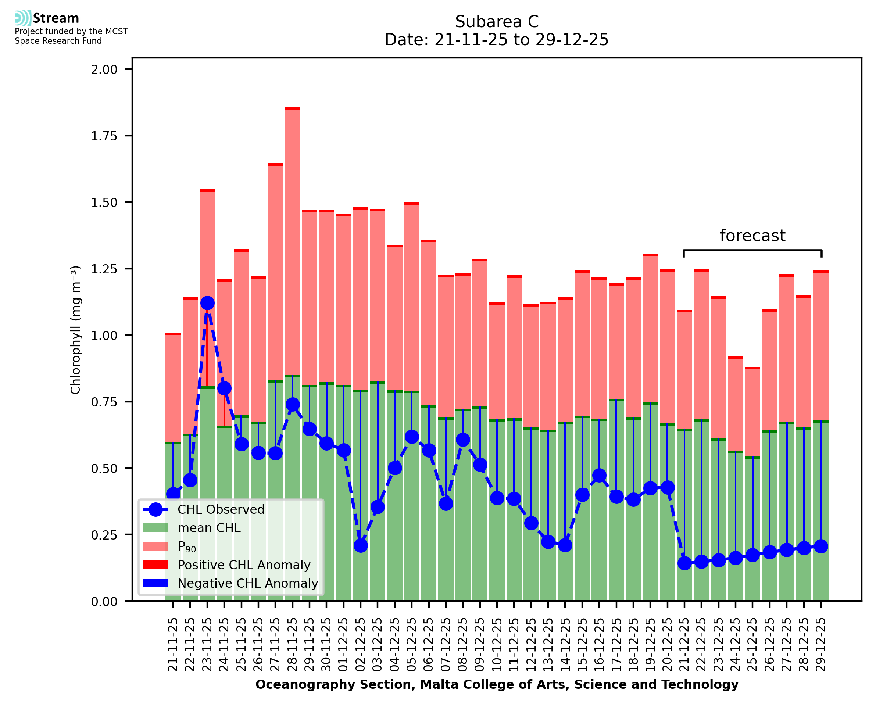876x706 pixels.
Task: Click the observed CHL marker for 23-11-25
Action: coord(207,303)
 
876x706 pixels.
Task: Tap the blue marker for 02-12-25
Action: coord(361,545)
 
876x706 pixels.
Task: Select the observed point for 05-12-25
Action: coord(412,437)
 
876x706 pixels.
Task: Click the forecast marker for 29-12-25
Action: coord(821,546)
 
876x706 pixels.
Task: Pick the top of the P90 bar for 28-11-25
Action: coord(292,108)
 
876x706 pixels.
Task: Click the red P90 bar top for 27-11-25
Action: coord(275,165)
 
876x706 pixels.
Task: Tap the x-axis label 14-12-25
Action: coord(565,644)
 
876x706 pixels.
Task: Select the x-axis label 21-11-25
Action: coord(173,644)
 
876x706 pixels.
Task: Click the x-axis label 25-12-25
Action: coord(753,644)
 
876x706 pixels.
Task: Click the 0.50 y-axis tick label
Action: coord(104,469)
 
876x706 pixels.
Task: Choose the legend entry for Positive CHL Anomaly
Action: coord(244,565)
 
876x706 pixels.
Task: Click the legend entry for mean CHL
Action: coord(209,528)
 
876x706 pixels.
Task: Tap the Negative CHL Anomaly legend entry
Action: coord(248,583)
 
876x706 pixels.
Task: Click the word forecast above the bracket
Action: coord(752,236)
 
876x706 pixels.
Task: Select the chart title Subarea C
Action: coord(497,22)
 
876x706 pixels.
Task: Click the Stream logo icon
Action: coord(23,18)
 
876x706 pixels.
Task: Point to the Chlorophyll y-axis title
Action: coord(76,330)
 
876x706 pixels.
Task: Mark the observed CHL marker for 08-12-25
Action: coord(463,440)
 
